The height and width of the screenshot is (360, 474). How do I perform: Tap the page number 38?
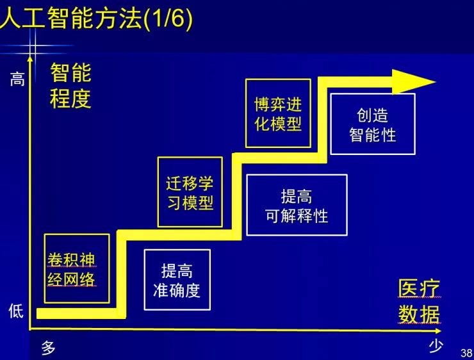click(466, 353)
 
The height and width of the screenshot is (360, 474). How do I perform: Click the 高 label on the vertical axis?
click(17, 79)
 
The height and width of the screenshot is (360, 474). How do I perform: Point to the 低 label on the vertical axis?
click(16, 311)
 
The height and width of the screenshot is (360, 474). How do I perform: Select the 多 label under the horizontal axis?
click(49, 348)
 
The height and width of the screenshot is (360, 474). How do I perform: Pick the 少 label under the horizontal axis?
click(436, 347)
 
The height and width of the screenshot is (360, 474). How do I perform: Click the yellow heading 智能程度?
click(71, 86)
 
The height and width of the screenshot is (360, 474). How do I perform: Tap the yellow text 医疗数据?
click(419, 302)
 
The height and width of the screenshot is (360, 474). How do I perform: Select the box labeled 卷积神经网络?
click(76, 268)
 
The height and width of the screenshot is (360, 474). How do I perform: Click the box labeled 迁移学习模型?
click(190, 192)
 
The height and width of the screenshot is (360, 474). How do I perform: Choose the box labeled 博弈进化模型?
click(278, 113)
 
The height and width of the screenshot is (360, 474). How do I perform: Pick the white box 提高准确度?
click(177, 280)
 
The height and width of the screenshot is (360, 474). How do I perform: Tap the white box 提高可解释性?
click(297, 206)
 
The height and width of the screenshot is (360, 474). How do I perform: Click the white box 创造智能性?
click(372, 124)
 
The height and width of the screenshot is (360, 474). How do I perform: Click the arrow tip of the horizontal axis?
click(438, 331)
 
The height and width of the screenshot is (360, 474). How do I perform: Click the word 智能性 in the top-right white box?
click(372, 135)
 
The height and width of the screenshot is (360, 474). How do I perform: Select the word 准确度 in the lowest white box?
click(177, 290)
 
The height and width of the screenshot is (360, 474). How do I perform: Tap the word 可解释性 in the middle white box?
click(297, 216)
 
